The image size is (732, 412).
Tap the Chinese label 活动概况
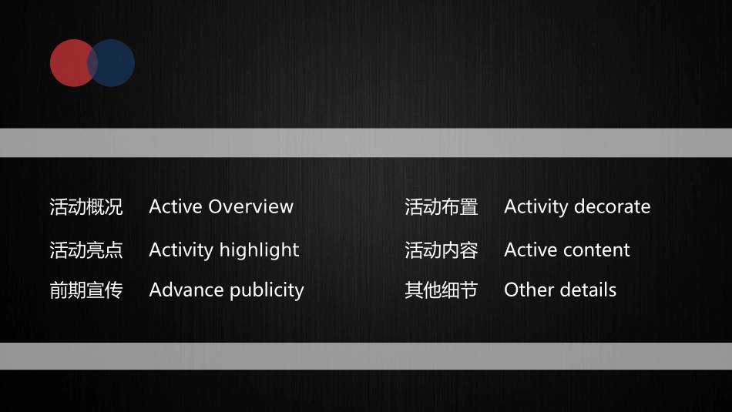pyautogui.click(x=86, y=207)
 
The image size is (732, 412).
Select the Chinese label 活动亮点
pyautogui.click(x=86, y=250)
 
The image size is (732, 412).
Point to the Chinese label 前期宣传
pyautogui.click(x=86, y=290)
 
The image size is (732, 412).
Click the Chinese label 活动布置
pyautogui.click(x=442, y=207)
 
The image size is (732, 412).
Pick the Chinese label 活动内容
pyautogui.click(x=442, y=250)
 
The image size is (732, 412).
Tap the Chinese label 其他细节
pyautogui.click(x=442, y=290)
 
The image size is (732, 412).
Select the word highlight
pyautogui.click(x=259, y=250)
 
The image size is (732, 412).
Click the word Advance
pyautogui.click(x=179, y=290)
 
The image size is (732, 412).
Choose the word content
pyautogui.click(x=594, y=250)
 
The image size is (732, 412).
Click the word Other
pyautogui.click(x=525, y=290)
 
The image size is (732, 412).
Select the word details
pyautogui.click(x=583, y=290)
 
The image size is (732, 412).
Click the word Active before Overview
pyautogui.click(x=176, y=207)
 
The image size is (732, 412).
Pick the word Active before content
pyautogui.click(x=531, y=250)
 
